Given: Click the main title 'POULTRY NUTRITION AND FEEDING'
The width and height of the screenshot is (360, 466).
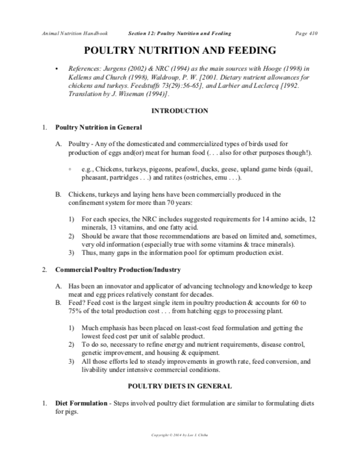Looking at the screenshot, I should coord(179,51).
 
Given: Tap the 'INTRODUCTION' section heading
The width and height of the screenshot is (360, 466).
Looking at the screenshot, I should coord(179,110).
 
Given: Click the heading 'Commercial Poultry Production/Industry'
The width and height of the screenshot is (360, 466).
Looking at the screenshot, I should coord(118,270).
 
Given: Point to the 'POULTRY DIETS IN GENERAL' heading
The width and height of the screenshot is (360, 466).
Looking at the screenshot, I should coord(179,386).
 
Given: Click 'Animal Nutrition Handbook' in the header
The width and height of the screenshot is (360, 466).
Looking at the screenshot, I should coord(67,34).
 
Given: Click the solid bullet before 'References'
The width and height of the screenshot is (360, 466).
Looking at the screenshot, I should coord(57,69).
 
